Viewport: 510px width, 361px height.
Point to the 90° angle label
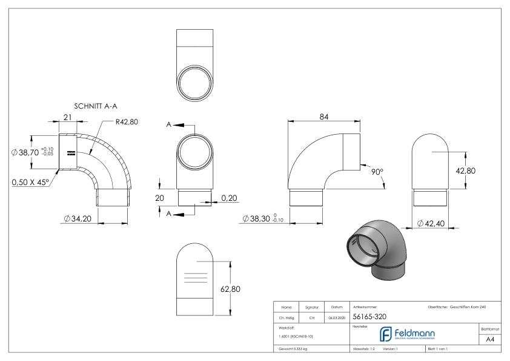(x=377, y=172)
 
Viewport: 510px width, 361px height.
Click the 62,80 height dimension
(x=230, y=289)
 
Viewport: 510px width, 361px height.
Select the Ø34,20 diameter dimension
(x=78, y=218)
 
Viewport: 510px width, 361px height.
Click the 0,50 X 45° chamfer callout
(x=30, y=181)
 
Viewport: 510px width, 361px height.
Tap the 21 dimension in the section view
(x=68, y=116)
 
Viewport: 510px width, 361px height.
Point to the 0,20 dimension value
(x=229, y=198)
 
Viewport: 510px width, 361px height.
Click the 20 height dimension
(x=159, y=198)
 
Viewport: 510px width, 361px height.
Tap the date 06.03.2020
(x=335, y=317)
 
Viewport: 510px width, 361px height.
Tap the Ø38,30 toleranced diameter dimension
(x=263, y=218)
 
